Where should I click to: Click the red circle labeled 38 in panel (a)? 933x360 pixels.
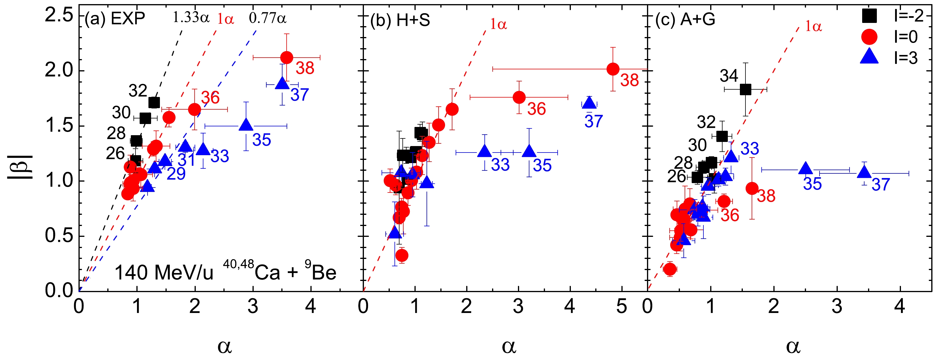[x=287, y=57]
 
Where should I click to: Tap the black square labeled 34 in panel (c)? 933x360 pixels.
[x=745, y=89]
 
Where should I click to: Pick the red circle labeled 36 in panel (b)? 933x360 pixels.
[x=519, y=97]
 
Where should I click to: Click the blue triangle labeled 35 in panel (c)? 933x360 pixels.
[x=805, y=169]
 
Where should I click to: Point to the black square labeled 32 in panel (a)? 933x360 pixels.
[x=154, y=103]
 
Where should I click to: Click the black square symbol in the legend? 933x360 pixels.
[x=869, y=16]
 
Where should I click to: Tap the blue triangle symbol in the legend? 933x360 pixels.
[x=869, y=57]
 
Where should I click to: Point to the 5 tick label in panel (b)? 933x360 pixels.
[x=621, y=307]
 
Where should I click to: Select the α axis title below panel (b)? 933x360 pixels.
[x=509, y=346]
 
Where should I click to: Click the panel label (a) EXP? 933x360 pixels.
[x=115, y=19]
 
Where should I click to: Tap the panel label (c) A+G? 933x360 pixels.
[x=685, y=19]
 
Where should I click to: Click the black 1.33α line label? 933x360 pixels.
[x=191, y=17]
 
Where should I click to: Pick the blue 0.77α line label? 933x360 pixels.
[x=268, y=17]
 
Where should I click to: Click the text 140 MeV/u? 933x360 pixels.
[x=164, y=273]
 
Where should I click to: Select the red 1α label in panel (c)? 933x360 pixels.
[x=813, y=26]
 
